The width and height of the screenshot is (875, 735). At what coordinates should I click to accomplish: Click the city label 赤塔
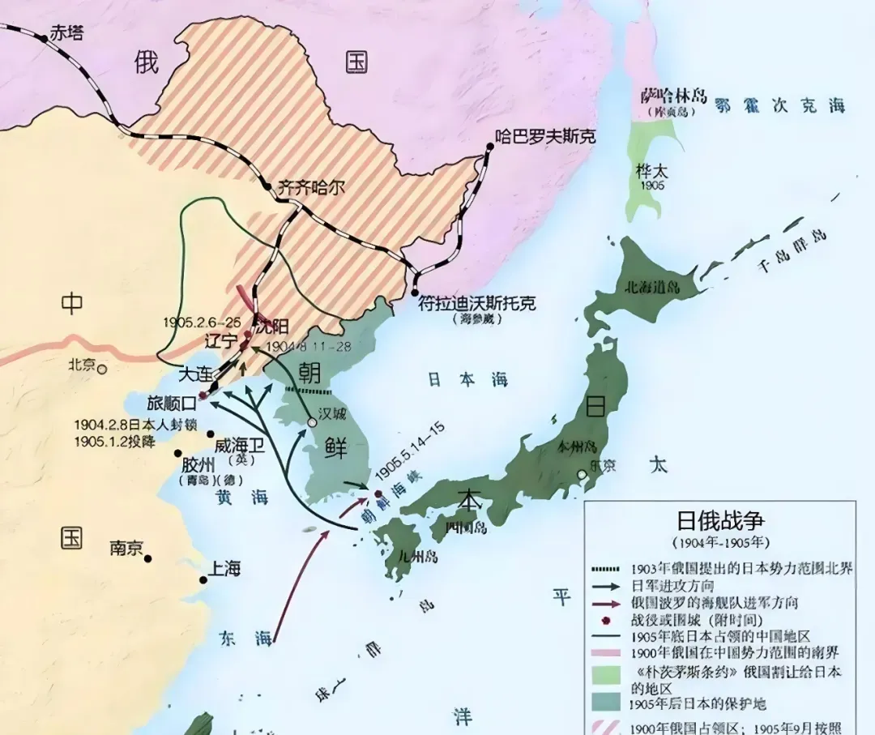66,33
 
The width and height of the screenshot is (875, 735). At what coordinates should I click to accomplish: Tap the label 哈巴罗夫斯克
544,136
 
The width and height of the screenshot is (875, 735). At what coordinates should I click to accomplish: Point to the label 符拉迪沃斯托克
476,303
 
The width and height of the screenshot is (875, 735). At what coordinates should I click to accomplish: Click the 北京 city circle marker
102,369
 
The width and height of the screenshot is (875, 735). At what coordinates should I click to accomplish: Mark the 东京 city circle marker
582,474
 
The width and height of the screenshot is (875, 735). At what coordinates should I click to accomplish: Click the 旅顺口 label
172,401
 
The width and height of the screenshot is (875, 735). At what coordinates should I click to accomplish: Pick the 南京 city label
127,548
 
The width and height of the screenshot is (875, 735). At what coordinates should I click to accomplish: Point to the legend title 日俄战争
720,519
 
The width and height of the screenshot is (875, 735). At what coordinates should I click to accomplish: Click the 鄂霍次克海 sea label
779,105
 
